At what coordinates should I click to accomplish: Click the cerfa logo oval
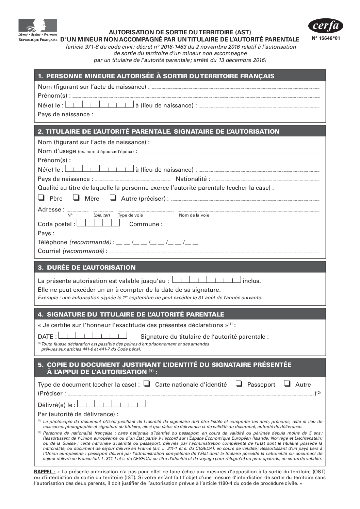[325, 26]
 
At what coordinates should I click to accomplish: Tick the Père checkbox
[42, 198]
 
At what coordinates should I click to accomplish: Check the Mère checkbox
[77, 198]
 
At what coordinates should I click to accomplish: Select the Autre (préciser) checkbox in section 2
[113, 198]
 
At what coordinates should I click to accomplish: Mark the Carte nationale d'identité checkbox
[147, 384]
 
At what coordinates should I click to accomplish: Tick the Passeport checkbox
[239, 384]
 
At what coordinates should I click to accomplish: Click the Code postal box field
[98, 223]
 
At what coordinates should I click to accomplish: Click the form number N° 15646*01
[325, 38]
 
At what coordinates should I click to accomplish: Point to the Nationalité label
[193, 179]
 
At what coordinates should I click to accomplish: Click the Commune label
[146, 224]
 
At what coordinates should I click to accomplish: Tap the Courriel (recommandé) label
[72, 251]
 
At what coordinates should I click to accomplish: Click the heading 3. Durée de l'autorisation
[87, 267]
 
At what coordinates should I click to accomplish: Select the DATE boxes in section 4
[93, 336]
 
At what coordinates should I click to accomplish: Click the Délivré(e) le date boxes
[112, 404]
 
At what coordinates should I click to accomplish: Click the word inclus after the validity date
[251, 281]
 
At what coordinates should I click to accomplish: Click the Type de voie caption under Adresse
[130, 215]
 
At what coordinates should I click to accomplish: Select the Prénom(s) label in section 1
[54, 96]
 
